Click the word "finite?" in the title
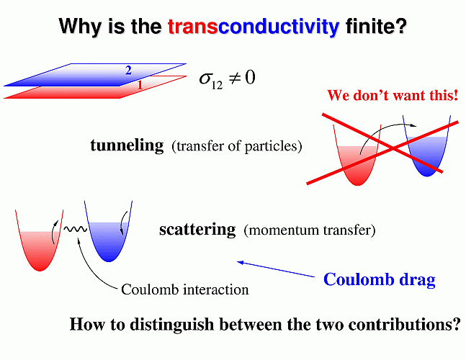(376, 26)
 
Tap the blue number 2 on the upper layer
(128, 71)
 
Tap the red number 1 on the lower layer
(140, 85)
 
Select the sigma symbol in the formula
(205, 78)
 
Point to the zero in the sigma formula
(250, 78)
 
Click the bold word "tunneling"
(127, 145)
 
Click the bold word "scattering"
(197, 230)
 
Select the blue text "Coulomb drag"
(380, 279)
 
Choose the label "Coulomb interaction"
(185, 289)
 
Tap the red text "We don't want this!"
(393, 95)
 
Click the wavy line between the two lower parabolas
(76, 229)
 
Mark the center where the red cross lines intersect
(393, 148)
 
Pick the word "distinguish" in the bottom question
(172, 324)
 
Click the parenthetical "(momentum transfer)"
(310, 230)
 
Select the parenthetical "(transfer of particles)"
(236, 146)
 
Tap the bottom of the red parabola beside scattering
(40, 270)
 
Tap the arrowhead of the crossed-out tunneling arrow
(413, 125)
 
